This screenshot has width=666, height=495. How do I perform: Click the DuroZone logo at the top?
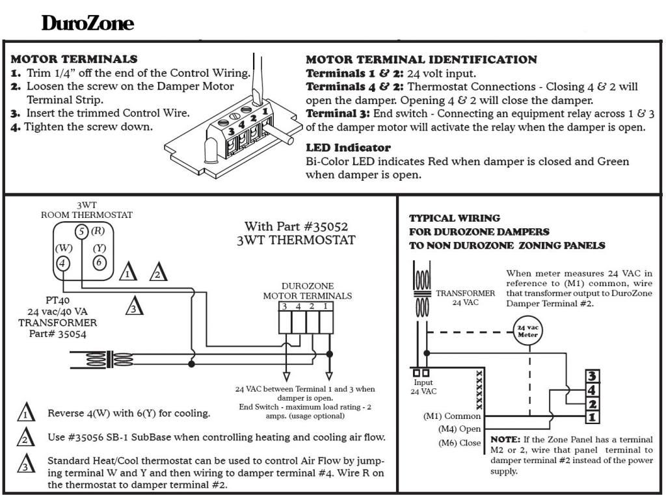click(88, 24)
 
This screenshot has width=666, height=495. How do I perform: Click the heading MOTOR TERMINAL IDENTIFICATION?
click(421, 60)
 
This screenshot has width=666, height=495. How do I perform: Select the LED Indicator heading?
click(348, 148)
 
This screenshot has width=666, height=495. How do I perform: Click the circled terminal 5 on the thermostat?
click(81, 231)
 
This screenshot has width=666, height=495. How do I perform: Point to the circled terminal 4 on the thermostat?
click(62, 263)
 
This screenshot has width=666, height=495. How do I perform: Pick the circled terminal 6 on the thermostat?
click(99, 263)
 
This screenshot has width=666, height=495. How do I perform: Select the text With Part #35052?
click(296, 227)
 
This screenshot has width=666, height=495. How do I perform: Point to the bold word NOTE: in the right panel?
click(505, 440)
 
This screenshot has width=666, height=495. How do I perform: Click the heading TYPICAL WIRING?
click(455, 218)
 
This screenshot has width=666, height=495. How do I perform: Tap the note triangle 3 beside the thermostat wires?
click(133, 306)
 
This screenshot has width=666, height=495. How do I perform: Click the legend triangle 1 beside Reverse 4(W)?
click(25, 413)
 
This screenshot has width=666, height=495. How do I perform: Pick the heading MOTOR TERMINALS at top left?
click(74, 59)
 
